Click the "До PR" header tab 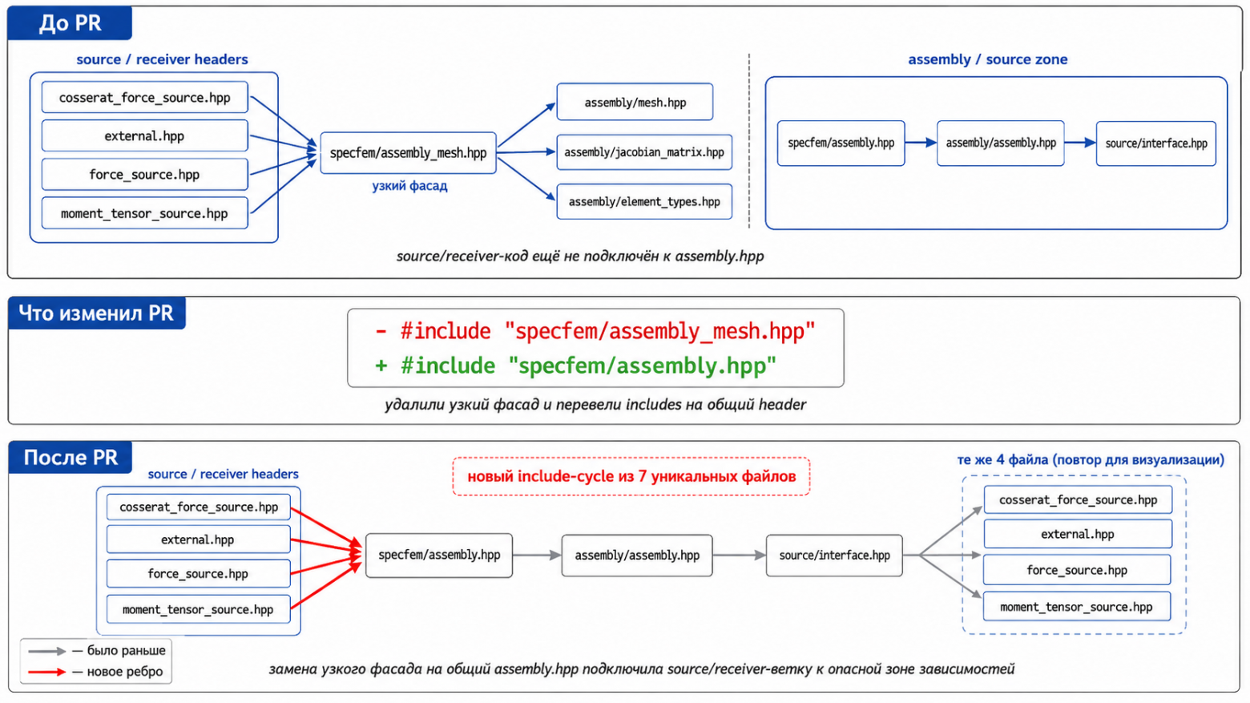[x=70, y=23]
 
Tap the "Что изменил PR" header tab [x=96, y=313]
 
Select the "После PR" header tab [x=71, y=458]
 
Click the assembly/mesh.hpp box [x=635, y=102]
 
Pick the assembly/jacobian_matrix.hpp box [x=644, y=152]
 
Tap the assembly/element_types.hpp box [x=644, y=201]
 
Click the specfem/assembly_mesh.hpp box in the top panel [x=408, y=153]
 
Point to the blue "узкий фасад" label [x=409, y=186]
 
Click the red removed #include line [x=595, y=331]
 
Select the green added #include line [x=576, y=366]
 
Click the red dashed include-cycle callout [x=631, y=476]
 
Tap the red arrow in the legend [x=46, y=672]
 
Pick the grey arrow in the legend [x=46, y=651]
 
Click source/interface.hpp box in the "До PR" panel [x=1155, y=143]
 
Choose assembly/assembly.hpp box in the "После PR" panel [x=637, y=556]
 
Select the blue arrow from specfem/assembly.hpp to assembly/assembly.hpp [x=921, y=143]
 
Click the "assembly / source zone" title [x=988, y=59]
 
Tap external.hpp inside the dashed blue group [x=1078, y=535]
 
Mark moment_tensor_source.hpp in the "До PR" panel [x=144, y=213]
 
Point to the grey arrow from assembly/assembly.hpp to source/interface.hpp [x=740, y=555]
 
